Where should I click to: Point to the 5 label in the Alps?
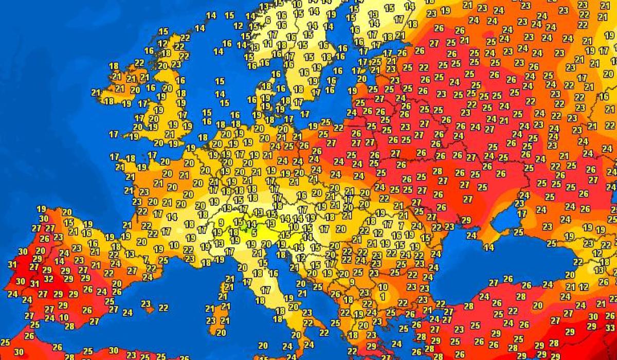coord(255,233)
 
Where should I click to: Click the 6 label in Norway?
coord(267,20)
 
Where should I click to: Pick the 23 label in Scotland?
coord(176,65)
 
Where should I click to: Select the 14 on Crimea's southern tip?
coord(488,248)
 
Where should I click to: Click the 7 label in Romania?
coord(401,226)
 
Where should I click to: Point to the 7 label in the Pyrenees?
coord(147,259)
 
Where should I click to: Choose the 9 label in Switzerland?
coord(221,223)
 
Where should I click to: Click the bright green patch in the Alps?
coord(248,229)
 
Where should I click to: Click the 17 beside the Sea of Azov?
coord(522,213)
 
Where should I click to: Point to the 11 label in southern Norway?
coord(267,44)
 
